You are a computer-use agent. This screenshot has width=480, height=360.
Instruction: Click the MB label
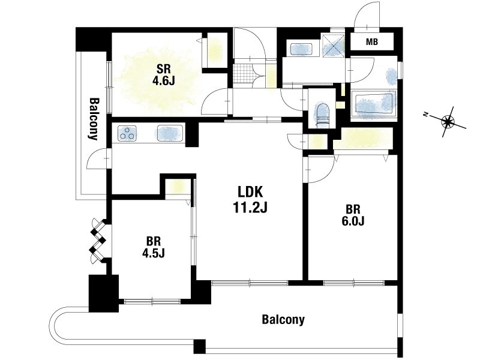coord(372,41)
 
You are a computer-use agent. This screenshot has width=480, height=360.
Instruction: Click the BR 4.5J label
coord(154,247)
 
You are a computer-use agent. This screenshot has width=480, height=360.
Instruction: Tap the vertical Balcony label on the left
coord(94,119)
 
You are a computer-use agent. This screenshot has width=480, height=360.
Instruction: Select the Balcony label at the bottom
coord(283,320)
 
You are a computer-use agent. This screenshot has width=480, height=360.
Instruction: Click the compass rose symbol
coord(447,122)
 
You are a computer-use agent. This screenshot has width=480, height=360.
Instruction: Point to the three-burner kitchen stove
coord(127,133)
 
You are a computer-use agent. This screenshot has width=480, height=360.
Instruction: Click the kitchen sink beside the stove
coord(170,133)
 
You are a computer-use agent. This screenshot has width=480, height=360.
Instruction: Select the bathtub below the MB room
coord(373,104)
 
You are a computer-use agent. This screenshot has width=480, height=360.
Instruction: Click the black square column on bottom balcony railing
coord(200,346)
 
